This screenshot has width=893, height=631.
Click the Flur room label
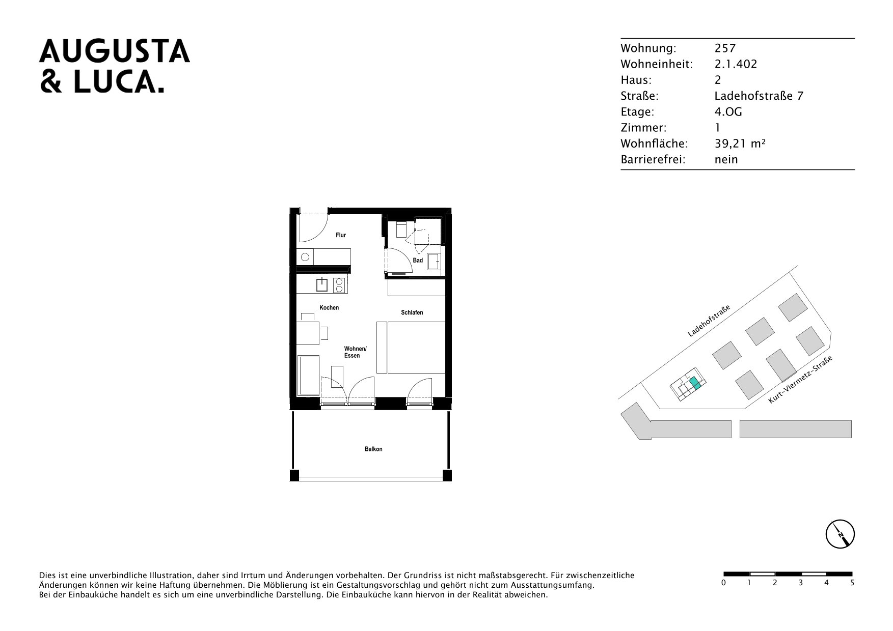tap(341, 235)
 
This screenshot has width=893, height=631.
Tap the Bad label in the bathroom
tap(418, 261)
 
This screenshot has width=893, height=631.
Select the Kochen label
tap(329, 308)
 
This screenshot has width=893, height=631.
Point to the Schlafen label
tap(412, 312)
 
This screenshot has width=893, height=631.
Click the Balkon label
tap(373, 449)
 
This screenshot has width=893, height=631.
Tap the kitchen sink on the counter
tap(322, 284)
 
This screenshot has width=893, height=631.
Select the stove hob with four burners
tap(339, 285)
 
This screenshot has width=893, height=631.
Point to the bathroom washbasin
tap(434, 261)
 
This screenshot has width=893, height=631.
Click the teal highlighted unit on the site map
tap(695, 384)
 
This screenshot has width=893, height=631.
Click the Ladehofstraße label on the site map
tap(709, 321)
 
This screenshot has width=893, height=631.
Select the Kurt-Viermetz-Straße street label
tap(800, 380)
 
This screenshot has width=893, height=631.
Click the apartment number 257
tap(725, 48)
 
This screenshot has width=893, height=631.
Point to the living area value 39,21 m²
tap(740, 144)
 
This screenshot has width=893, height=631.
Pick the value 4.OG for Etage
tap(728, 111)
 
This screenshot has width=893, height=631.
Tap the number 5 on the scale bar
tap(852, 583)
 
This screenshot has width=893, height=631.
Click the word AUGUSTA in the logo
tap(115, 51)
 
